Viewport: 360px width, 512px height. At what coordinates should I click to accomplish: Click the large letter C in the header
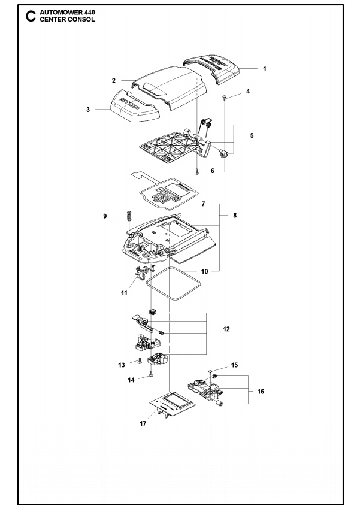(30, 16)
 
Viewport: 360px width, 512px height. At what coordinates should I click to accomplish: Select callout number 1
(264, 69)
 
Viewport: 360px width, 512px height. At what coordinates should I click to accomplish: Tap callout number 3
(88, 110)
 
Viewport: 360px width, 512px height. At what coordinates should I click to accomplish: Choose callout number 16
(260, 391)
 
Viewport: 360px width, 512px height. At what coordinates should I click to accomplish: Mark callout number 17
(143, 423)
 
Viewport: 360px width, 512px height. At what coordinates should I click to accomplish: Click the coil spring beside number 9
(128, 219)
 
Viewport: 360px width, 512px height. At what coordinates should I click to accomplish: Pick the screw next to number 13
(140, 360)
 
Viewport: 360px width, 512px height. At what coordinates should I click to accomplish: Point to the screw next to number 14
(152, 374)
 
